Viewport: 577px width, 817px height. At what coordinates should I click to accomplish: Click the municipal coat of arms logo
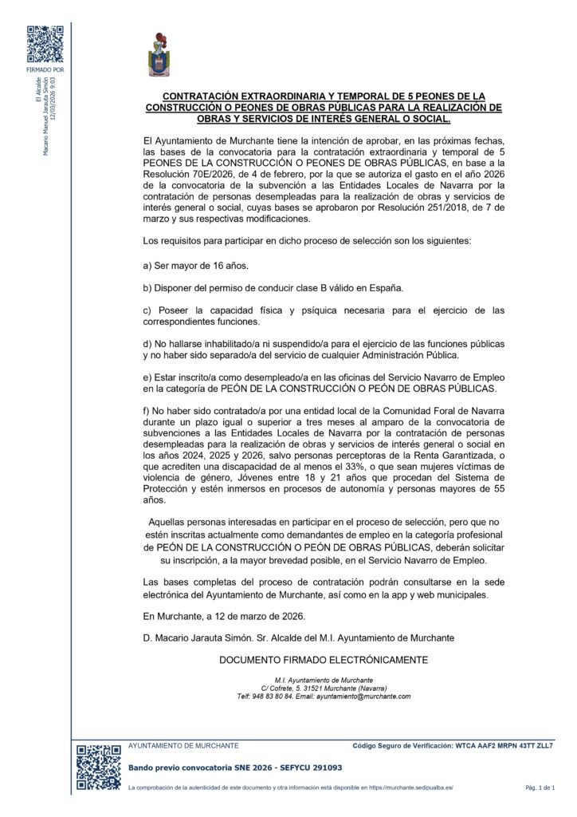point(159,55)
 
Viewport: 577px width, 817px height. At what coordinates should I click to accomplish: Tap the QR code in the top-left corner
point(45,45)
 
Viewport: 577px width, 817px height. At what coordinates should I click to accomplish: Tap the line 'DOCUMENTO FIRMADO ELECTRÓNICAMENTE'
point(324,660)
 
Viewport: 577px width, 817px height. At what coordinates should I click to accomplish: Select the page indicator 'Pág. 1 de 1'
point(540,788)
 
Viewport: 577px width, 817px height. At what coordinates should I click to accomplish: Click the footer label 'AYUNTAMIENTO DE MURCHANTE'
point(183,745)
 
